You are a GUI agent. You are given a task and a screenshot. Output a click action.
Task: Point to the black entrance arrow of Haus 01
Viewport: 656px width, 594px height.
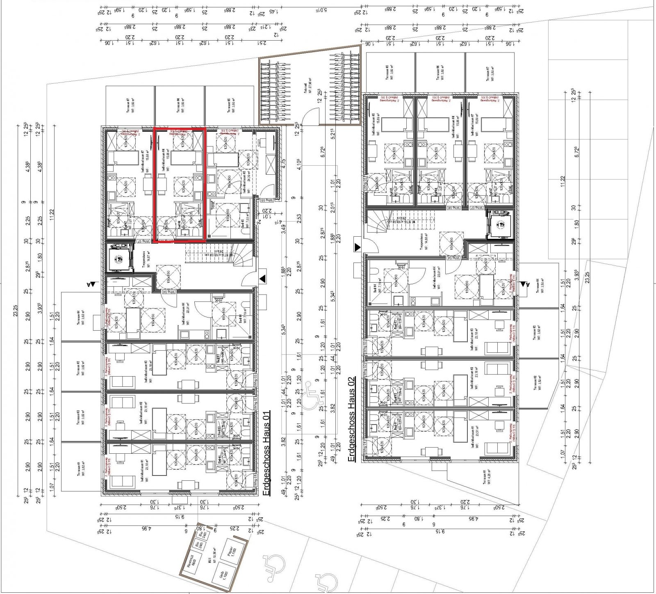pos(263,279)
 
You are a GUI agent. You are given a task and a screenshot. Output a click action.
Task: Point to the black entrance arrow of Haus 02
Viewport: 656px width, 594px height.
pos(358,247)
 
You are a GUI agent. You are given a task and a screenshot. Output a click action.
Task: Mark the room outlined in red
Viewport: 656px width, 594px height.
pos(179,185)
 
